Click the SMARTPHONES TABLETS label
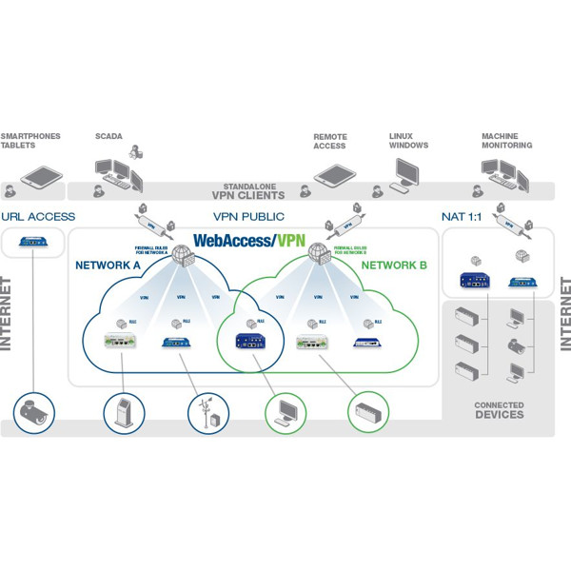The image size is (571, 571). pyautogui.click(x=30, y=141)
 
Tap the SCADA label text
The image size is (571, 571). pyautogui.click(x=108, y=136)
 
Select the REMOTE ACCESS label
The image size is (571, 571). pyautogui.click(x=330, y=141)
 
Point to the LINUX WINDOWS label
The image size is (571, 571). pyautogui.click(x=408, y=141)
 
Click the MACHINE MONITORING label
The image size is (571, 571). pyautogui.click(x=506, y=141)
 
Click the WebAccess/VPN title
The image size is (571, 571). pyautogui.click(x=249, y=241)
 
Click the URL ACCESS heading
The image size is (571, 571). pyautogui.click(x=39, y=216)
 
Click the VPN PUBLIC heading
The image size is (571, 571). pyautogui.click(x=250, y=216)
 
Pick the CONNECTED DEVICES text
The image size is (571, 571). pyautogui.click(x=499, y=410)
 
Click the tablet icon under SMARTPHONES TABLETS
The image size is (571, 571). pyautogui.click(x=43, y=176)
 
